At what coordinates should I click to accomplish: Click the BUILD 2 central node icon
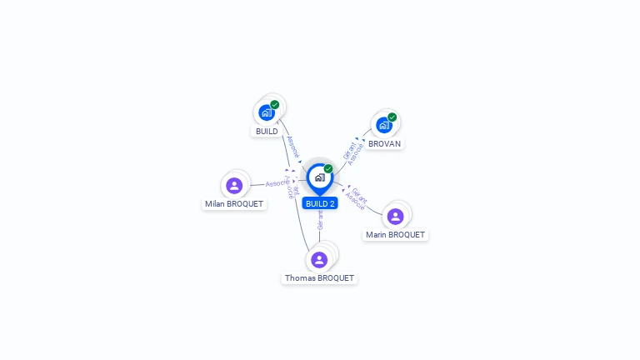tap(319, 177)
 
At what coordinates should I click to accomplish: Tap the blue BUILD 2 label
tap(320, 203)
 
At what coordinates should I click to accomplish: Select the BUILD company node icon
tap(266, 112)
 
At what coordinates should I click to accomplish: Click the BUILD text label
tap(267, 132)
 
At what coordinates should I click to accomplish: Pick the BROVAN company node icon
tap(383, 125)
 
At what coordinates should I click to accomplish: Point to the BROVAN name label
tap(385, 143)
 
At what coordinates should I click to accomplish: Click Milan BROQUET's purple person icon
tap(234, 185)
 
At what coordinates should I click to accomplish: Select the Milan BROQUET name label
tap(234, 204)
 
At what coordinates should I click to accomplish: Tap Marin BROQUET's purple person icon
tap(395, 217)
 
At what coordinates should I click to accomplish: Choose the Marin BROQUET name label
tap(396, 235)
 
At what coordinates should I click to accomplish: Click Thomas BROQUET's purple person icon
tap(319, 260)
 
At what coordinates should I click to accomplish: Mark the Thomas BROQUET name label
tap(319, 278)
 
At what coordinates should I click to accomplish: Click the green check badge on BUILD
tap(275, 105)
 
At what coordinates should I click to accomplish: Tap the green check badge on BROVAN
tap(392, 117)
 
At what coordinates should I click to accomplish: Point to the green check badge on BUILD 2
tap(328, 168)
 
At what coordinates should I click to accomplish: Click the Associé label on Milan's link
tap(276, 182)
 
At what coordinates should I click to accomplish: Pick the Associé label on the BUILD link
tap(292, 147)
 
